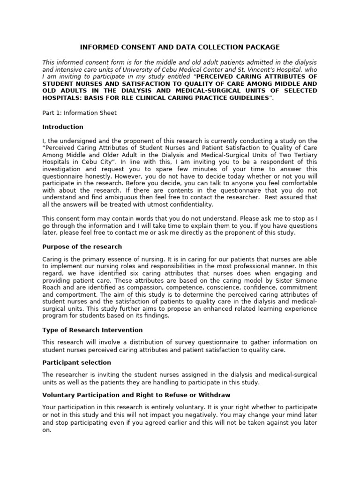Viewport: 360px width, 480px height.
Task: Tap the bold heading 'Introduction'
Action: click(63, 127)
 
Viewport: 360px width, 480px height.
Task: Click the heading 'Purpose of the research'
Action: click(82, 247)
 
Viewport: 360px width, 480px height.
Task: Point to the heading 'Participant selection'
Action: click(76, 362)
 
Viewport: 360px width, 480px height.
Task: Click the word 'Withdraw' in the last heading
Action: click(216, 395)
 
